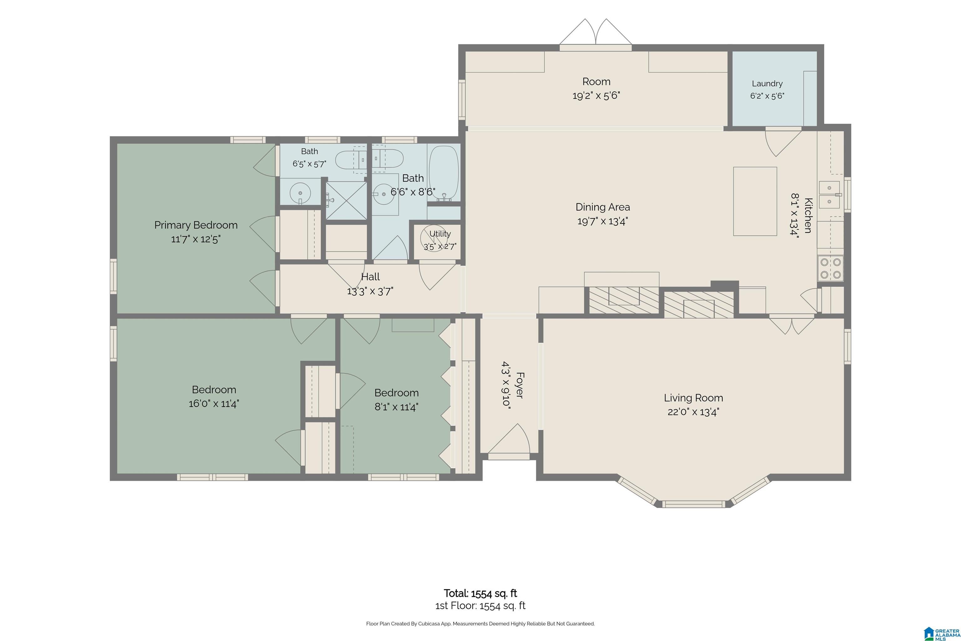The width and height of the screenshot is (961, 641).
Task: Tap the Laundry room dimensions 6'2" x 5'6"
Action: point(767,96)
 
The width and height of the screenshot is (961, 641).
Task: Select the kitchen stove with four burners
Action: point(831,268)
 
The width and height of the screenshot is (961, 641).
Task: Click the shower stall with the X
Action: point(346,201)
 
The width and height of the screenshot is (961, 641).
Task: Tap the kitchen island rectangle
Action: point(755,201)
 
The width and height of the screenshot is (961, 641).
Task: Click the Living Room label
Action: point(693,398)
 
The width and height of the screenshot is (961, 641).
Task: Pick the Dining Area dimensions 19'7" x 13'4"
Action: point(603,221)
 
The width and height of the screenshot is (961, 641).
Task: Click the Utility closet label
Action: point(440,234)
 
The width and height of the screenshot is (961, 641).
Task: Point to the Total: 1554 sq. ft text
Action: point(480,593)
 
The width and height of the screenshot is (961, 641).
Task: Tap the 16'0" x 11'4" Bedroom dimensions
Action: point(214,404)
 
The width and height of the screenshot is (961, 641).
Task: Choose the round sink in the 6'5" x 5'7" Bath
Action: point(300,192)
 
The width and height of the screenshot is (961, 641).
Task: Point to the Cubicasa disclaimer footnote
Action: point(480,624)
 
